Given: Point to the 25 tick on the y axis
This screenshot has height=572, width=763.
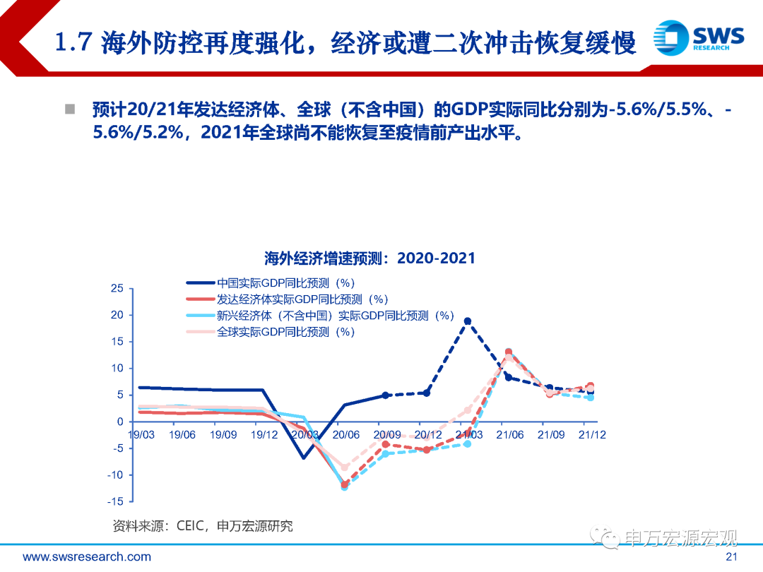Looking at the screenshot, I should click(x=117, y=289).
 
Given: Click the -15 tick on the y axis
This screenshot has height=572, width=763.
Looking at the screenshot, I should click(x=115, y=501).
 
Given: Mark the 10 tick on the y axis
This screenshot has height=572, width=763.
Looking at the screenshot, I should click(x=117, y=369).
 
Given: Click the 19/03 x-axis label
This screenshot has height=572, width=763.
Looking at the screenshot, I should click(x=141, y=435).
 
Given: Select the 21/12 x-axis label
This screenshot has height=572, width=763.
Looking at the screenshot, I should click(x=591, y=435).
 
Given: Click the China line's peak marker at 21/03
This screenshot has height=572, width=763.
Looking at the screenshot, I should click(x=468, y=321).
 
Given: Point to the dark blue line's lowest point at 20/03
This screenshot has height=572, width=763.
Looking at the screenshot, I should click(x=304, y=458).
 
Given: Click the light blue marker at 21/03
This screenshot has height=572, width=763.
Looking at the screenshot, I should click(x=468, y=444).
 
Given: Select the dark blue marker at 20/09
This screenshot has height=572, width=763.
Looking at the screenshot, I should click(x=386, y=395).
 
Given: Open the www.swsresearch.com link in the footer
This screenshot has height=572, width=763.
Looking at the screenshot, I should click(x=87, y=557).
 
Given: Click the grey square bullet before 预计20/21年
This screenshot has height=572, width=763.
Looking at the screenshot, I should click(x=70, y=109).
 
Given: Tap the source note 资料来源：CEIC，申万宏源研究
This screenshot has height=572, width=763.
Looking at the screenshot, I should click(x=203, y=526).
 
